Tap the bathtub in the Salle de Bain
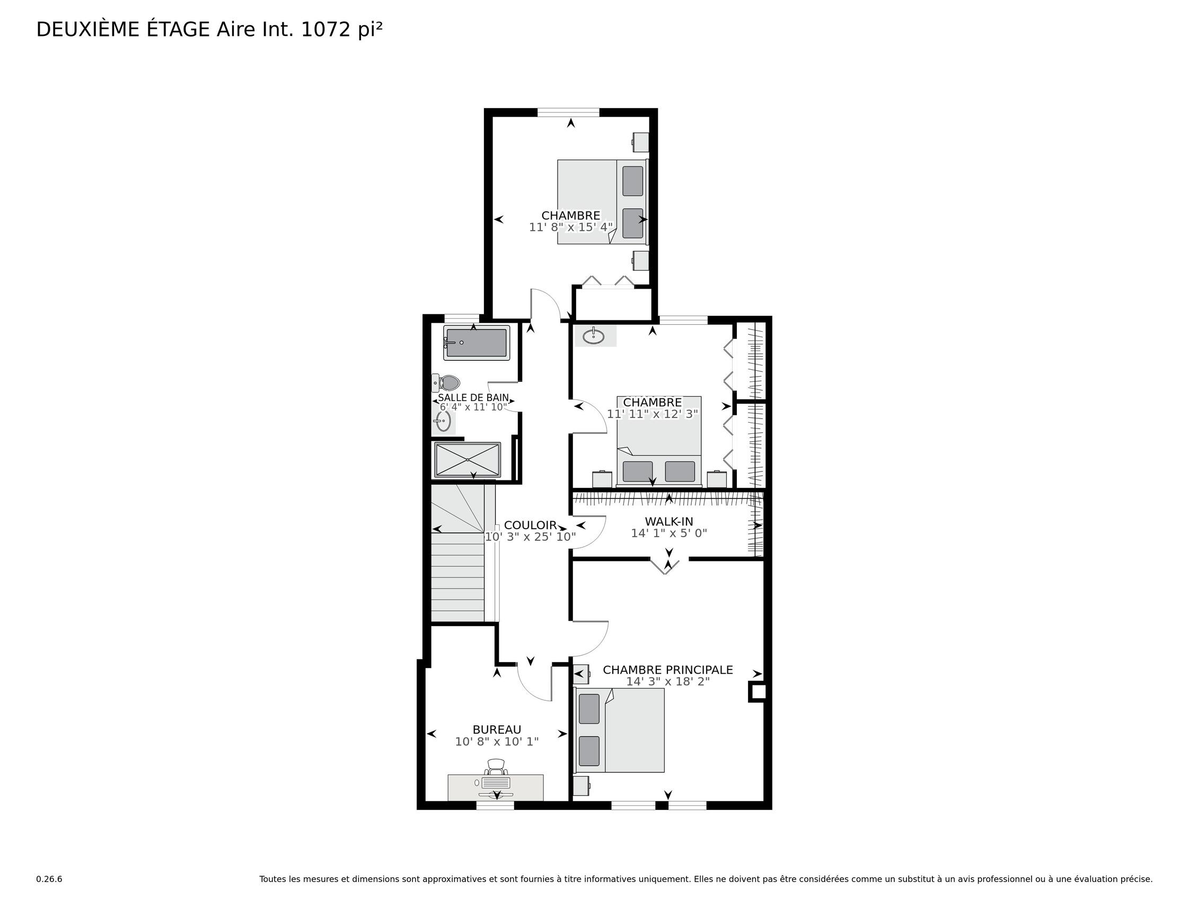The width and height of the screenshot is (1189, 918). tap(477, 343)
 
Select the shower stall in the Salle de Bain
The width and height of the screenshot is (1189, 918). tap(466, 460)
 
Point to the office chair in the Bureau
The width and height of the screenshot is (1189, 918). tap(496, 767)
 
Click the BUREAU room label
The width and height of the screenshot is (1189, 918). tap(497, 730)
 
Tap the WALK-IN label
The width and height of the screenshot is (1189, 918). tap(669, 521)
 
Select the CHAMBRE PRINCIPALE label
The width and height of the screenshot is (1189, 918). tap(667, 670)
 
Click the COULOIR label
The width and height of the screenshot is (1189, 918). tap(530, 525)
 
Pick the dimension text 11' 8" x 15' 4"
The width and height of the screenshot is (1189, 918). tap(570, 227)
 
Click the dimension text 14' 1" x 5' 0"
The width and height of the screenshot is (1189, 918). tap(669, 533)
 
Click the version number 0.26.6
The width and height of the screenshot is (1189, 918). tap(49, 879)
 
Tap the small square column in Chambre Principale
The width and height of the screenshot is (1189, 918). tap(758, 692)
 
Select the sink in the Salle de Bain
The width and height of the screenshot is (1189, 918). tap(443, 421)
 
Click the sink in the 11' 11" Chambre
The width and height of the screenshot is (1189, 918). tap(593, 336)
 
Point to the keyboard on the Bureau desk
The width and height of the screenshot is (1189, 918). tap(496, 782)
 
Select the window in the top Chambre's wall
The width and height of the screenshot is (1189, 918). tap(568, 113)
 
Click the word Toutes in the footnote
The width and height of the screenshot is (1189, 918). tap(272, 879)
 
